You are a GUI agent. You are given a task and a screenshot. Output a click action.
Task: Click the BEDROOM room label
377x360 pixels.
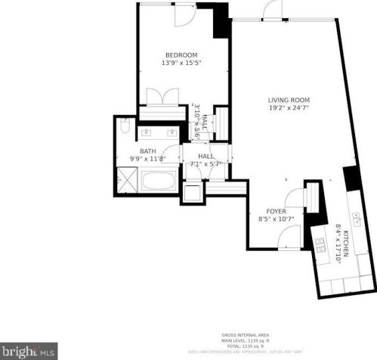(x=181, y=54)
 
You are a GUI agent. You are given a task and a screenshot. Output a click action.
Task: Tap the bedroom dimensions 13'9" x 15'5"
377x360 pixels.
(x=181, y=63)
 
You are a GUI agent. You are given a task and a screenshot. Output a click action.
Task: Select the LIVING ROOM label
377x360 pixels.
(x=289, y=100)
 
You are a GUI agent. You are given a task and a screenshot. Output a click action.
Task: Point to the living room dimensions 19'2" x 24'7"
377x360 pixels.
(x=289, y=108)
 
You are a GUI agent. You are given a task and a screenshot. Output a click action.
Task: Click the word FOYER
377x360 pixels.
(x=276, y=211)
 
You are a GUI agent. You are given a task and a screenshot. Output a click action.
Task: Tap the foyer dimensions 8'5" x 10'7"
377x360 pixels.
(x=276, y=219)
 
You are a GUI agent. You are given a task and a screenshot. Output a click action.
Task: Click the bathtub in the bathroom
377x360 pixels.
(x=159, y=181)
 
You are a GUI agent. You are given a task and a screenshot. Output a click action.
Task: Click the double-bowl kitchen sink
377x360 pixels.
(x=321, y=243)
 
